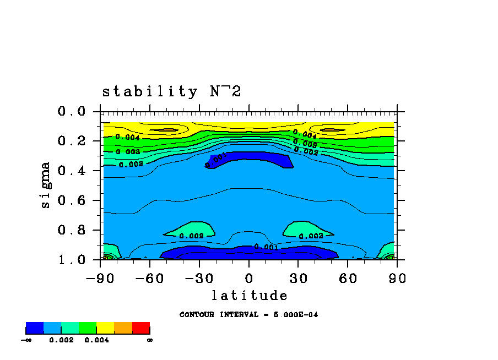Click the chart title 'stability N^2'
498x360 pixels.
[171, 91]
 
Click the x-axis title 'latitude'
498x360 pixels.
[249, 296]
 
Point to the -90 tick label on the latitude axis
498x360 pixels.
[100, 278]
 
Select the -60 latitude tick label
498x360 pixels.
[150, 278]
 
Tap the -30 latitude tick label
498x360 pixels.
[199, 278]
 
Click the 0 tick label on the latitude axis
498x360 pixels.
[249, 278]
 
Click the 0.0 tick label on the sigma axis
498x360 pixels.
[72, 112]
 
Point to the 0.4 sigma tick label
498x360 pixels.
[72, 171]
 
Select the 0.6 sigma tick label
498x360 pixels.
[72, 200]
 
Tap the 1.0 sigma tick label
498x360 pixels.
[72, 259]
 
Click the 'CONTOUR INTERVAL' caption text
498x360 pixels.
[248, 315]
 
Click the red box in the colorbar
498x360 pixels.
[141, 328]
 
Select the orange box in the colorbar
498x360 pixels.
[123, 328]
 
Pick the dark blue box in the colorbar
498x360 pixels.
[35, 328]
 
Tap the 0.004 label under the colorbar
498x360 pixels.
[96, 340]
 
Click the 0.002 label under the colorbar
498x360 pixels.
[61, 340]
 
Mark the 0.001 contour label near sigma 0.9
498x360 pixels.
[266, 247]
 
